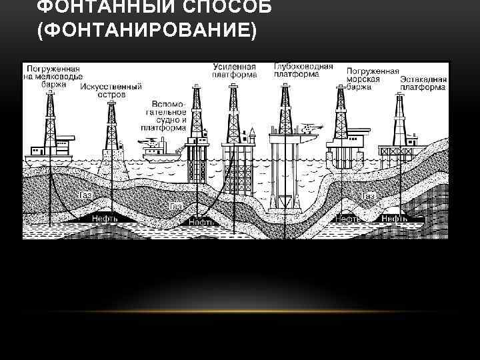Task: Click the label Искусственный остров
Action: [111, 91]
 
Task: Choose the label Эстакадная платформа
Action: [424, 83]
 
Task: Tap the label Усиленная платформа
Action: [234, 71]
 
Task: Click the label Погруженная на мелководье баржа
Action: [51, 75]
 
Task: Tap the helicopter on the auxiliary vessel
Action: [149, 141]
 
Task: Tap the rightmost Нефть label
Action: [395, 218]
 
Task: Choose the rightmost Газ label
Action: [369, 197]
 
